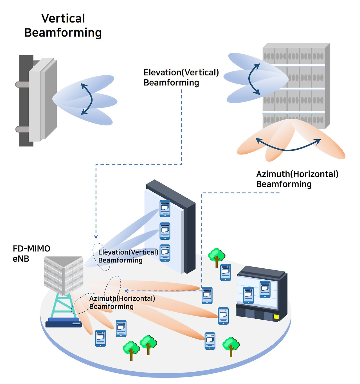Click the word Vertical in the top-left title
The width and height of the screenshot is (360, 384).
[63, 19]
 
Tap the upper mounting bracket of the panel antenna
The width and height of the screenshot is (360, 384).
[22, 84]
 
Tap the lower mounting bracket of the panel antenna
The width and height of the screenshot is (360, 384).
[22, 129]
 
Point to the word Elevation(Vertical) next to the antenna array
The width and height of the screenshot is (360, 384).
[181, 73]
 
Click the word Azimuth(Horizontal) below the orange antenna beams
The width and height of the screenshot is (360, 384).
[297, 174]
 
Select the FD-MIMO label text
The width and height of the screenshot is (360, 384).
[31, 249]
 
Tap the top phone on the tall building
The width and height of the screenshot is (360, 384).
[165, 208]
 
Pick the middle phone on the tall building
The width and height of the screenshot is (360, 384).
[165, 231]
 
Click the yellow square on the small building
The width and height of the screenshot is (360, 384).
[276, 317]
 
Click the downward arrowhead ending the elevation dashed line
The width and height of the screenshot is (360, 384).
[96, 237]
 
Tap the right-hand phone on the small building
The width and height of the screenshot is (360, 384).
[265, 289]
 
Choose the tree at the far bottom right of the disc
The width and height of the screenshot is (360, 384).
[231, 346]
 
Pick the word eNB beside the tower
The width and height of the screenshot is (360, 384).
[21, 259]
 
